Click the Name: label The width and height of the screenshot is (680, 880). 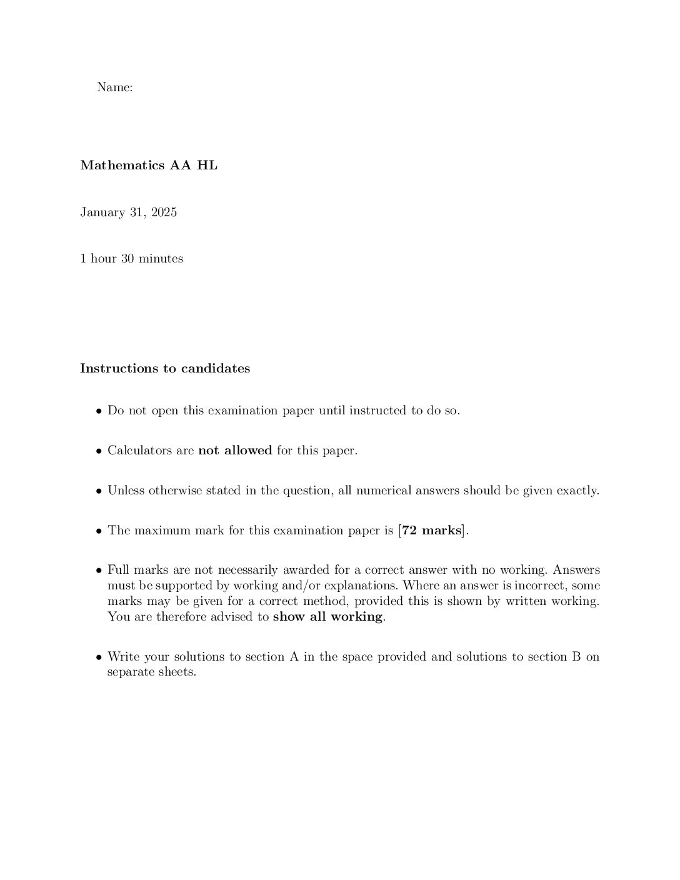point(114,87)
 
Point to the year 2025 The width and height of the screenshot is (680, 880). point(164,212)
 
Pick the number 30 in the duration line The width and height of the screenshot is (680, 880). point(127,259)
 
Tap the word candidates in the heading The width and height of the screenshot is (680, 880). point(216,369)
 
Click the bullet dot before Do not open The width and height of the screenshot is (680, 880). point(99,412)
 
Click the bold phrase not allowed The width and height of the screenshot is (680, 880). point(235,451)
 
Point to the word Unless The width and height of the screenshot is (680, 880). point(126,491)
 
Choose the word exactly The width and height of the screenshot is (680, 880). point(579,491)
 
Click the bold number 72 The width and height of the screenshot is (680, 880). point(409,531)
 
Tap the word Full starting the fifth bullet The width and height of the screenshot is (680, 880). point(118,570)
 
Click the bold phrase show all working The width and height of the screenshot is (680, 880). point(327,617)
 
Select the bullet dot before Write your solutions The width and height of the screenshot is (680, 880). point(99,657)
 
